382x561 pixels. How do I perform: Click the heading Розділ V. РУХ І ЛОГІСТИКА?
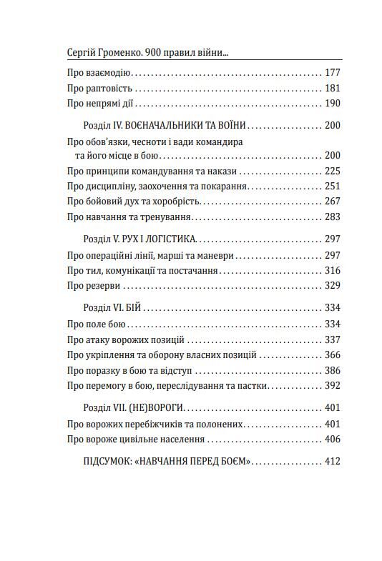[x=139, y=239]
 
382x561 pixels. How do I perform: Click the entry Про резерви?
[x=93, y=285]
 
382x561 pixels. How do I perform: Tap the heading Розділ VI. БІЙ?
[x=114, y=308]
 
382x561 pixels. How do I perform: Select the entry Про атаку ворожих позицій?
[x=125, y=339]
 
